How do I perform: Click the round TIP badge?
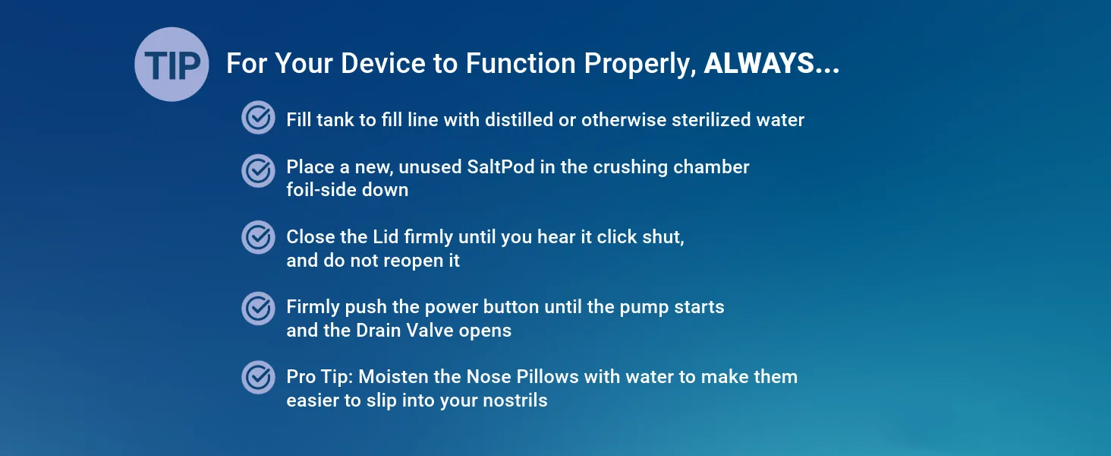pyautogui.click(x=172, y=65)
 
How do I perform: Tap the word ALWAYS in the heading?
pyautogui.click(x=760, y=64)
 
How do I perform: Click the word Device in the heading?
pyautogui.click(x=383, y=64)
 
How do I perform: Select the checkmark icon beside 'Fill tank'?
pyautogui.click(x=259, y=118)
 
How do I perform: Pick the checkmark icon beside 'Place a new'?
pyautogui.click(x=259, y=171)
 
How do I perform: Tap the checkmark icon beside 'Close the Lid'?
pyautogui.click(x=259, y=237)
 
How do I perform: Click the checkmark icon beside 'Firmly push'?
pyautogui.click(x=259, y=308)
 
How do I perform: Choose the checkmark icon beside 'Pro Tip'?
pyautogui.click(x=259, y=377)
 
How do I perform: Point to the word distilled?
pyautogui.click(x=519, y=120)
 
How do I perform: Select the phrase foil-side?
pyautogui.click(x=322, y=190)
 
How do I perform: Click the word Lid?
pyautogui.click(x=386, y=237)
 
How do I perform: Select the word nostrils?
pyautogui.click(x=515, y=401)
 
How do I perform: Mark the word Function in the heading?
pyautogui.click(x=521, y=64)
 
